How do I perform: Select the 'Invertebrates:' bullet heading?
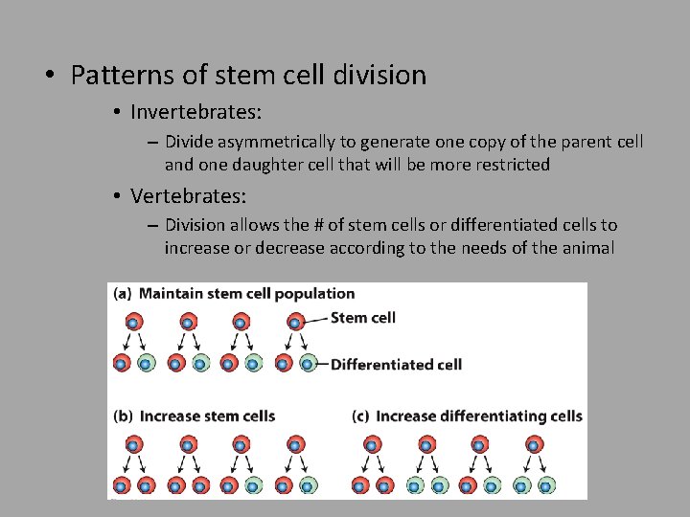[195, 112]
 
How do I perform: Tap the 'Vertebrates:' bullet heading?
[188, 196]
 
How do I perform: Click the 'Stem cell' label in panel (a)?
[362, 318]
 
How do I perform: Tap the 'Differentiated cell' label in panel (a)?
[396, 364]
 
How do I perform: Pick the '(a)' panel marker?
[123, 294]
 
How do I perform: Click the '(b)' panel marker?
[123, 416]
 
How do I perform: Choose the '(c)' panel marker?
[361, 416]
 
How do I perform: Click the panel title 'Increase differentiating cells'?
[478, 416]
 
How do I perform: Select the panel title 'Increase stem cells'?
[207, 416]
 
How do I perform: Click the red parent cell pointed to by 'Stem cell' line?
[295, 322]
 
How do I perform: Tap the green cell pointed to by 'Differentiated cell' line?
[308, 364]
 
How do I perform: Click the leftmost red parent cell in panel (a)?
[132, 322]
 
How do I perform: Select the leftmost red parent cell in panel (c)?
[371, 444]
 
